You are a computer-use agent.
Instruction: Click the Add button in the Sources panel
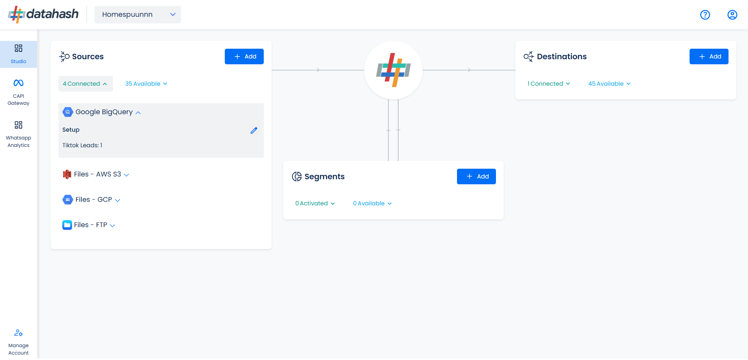[x=244, y=56]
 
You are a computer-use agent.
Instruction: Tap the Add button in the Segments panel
[x=476, y=176]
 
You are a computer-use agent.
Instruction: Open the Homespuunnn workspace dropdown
[x=138, y=14]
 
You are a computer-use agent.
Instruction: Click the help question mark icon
[x=705, y=15]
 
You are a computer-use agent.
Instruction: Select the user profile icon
[x=732, y=15]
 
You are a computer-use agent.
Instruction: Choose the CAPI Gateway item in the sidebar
[x=18, y=92]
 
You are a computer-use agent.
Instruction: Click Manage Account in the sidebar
[x=18, y=342]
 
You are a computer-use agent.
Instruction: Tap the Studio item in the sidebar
[x=18, y=54]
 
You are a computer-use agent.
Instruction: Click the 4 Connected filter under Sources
[x=85, y=84]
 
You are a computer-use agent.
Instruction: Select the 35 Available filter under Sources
[x=146, y=84]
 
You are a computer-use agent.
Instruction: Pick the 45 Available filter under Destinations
[x=609, y=84]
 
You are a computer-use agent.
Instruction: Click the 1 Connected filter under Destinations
[x=549, y=84]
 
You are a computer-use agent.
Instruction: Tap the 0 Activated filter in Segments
[x=315, y=203]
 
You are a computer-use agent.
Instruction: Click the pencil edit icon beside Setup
[x=254, y=131]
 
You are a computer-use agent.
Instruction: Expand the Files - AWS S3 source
[x=96, y=175]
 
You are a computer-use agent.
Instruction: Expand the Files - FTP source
[x=89, y=225]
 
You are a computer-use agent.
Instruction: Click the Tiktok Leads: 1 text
[x=82, y=145]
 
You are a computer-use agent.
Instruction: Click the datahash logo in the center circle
[x=393, y=70]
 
